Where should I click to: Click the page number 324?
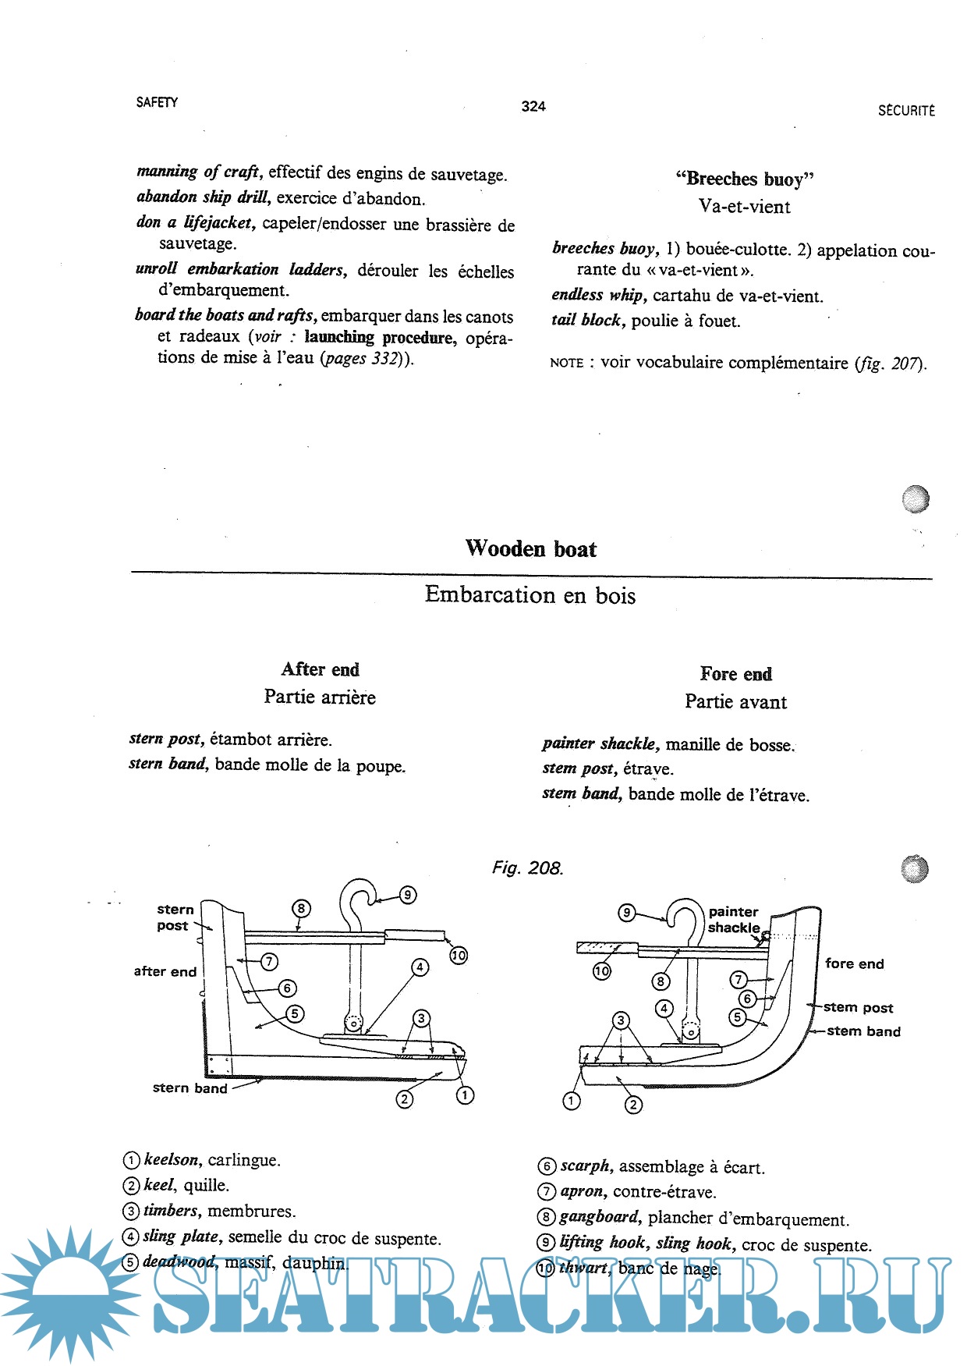[533, 106]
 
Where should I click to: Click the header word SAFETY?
[157, 102]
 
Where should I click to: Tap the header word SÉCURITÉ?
[906, 111]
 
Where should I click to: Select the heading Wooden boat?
[530, 548]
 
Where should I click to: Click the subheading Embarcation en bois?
[530, 595]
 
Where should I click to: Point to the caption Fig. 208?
[527, 867]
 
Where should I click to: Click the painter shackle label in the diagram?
[734, 920]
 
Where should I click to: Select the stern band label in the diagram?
[190, 1088]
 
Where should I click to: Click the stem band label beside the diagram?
[863, 1031]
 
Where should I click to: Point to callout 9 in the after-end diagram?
[407, 895]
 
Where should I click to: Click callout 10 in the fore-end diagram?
[601, 971]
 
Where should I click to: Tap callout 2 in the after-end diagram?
[404, 1099]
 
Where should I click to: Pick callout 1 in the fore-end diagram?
[572, 1101]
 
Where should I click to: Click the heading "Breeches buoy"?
[745, 179]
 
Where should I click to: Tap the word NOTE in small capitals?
[567, 363]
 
